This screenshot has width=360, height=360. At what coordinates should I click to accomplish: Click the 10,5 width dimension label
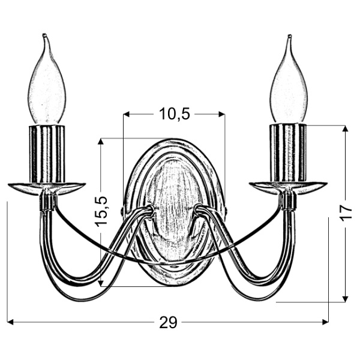tap(174, 114)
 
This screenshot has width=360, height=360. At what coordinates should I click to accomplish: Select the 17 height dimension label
tap(346, 212)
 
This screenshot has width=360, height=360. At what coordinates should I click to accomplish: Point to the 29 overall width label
tap(169, 323)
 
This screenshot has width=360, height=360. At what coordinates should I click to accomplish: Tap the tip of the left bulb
tap(44, 38)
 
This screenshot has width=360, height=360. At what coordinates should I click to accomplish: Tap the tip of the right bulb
tap(291, 38)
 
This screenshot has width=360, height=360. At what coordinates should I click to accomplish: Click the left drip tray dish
tap(46, 187)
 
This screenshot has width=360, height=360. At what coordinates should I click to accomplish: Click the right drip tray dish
tap(288, 187)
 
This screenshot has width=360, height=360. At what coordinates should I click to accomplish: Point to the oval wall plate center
tap(174, 210)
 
